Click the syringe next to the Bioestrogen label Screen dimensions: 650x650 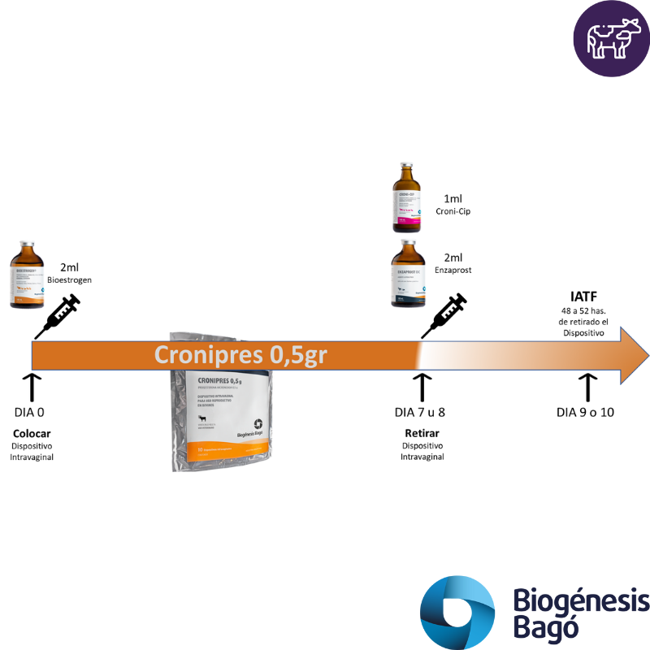click(58, 316)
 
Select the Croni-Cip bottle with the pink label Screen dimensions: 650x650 click(409, 197)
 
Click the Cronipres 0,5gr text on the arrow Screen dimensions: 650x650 click(242, 355)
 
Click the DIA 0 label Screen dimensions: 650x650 click(29, 411)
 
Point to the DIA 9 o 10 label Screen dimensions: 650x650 click(585, 411)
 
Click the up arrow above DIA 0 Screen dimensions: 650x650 click(31, 387)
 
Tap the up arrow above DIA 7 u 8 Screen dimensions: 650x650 click(422, 387)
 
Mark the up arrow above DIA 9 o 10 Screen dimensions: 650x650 click(587, 387)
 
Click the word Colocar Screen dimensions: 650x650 click(32, 433)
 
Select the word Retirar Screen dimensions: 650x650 click(422, 433)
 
